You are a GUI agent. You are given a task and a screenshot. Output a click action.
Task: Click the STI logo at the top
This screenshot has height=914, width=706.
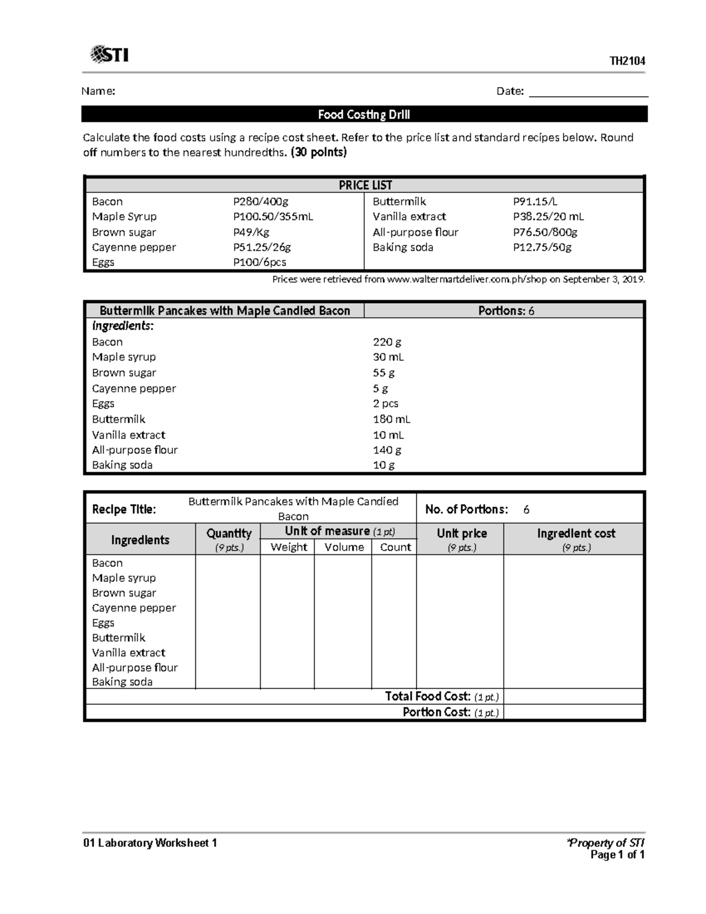click(x=109, y=55)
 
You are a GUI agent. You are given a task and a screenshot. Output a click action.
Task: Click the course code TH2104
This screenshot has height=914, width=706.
click(x=627, y=61)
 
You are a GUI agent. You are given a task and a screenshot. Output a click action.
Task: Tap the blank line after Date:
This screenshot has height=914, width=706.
click(x=588, y=92)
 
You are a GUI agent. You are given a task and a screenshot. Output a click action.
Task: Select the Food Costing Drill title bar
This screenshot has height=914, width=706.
click(x=364, y=114)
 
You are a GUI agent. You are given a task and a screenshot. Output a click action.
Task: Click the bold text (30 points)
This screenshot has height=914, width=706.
click(x=319, y=152)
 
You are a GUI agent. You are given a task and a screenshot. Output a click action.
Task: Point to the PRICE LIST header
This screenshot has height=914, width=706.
click(x=365, y=185)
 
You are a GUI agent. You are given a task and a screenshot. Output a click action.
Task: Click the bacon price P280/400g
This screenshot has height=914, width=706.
click(x=261, y=201)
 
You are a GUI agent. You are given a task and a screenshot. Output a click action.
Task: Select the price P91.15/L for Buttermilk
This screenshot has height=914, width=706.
click(x=535, y=201)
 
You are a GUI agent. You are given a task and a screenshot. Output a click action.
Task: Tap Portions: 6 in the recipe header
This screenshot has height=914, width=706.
click(x=506, y=311)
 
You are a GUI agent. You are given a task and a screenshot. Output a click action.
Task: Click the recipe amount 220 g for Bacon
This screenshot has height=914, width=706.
click(x=387, y=342)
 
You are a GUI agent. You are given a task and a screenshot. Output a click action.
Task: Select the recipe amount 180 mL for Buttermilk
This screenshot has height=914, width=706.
click(x=391, y=419)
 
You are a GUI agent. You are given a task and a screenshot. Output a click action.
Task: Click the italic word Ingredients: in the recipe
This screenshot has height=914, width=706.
click(x=123, y=326)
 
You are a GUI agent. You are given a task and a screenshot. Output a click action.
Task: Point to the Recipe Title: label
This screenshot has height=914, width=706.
click(x=124, y=509)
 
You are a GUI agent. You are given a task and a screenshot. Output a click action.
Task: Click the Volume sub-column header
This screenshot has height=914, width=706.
click(x=344, y=547)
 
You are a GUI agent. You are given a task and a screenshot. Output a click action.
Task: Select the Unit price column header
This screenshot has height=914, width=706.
click(x=461, y=533)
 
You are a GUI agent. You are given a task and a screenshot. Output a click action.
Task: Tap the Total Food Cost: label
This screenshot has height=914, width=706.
click(x=428, y=696)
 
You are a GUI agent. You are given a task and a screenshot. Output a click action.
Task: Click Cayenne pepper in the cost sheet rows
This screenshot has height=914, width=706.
click(x=134, y=607)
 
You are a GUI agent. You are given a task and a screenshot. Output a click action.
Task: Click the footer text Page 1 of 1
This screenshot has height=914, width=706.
click(x=617, y=855)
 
